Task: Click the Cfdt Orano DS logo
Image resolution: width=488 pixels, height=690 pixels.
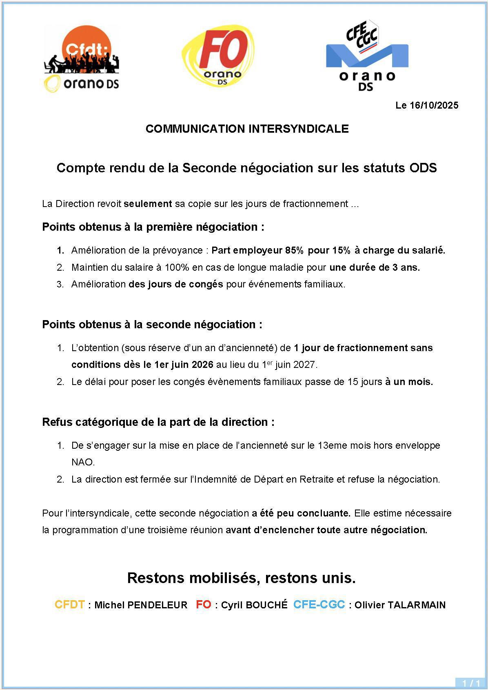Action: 82,58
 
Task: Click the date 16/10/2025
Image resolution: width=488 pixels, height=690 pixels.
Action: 434,105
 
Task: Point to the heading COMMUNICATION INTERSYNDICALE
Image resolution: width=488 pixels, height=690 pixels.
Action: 247,129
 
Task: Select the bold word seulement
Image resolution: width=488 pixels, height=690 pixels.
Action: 148,204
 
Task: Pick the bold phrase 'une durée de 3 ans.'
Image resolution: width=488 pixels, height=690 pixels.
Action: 375,267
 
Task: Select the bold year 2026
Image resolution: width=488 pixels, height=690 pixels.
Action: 202,364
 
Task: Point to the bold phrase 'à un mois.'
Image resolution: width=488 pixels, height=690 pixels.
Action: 409,382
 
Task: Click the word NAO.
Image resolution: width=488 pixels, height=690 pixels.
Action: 83,462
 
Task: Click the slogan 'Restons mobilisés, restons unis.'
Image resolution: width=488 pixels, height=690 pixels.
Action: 242,578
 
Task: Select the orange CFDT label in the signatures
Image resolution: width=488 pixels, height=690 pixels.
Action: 70,605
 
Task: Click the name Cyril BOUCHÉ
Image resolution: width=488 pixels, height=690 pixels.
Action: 254,605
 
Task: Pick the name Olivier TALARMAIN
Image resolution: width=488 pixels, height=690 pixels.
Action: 400,605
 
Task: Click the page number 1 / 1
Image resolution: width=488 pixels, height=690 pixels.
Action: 471,683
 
